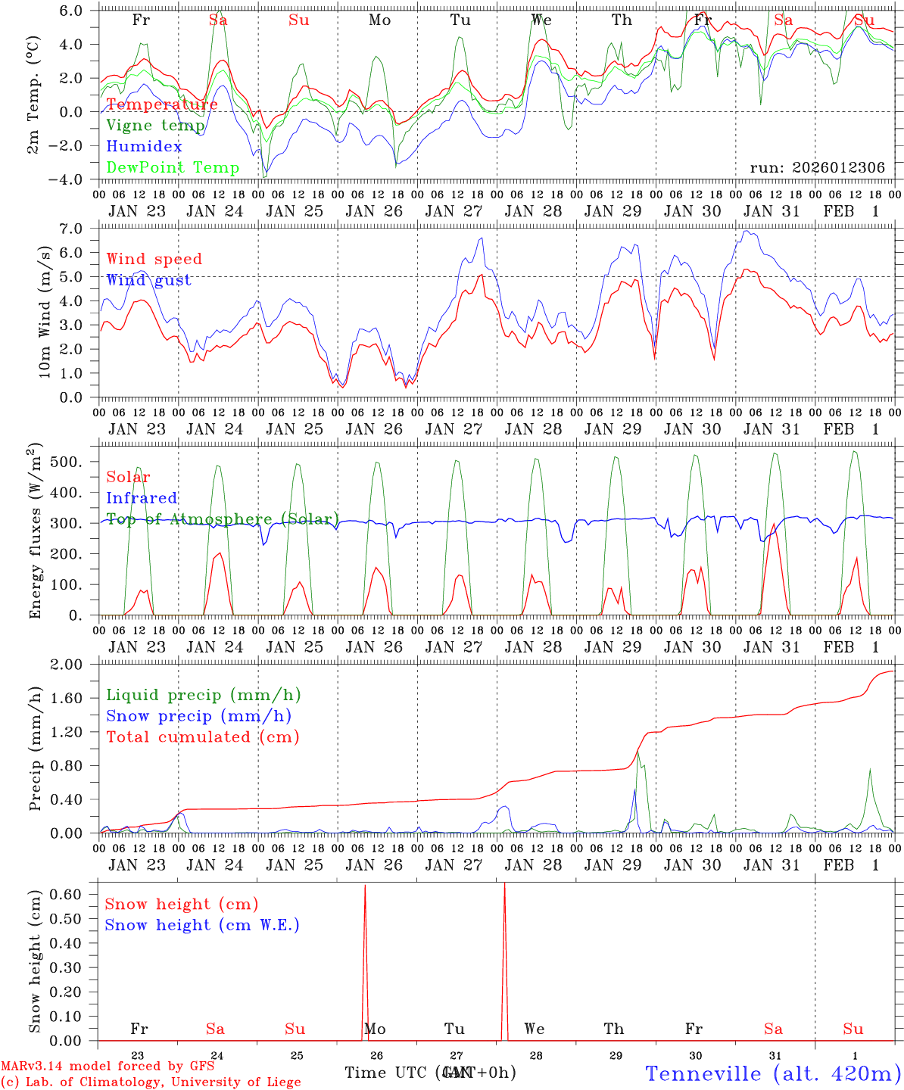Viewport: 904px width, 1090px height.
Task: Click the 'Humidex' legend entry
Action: [x=144, y=147]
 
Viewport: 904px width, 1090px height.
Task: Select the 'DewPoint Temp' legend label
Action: [x=173, y=168]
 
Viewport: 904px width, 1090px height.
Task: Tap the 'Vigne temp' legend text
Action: [x=155, y=126]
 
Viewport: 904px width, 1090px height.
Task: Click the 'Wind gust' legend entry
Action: [x=148, y=280]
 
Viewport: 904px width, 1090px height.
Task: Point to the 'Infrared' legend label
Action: [x=142, y=498]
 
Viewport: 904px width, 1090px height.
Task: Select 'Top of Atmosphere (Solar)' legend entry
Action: [x=222, y=519]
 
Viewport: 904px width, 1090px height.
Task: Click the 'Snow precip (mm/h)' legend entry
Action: [x=198, y=716]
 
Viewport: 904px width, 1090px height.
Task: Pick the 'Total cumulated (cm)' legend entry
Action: [x=202, y=737]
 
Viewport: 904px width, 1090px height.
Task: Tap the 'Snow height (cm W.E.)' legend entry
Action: [x=201, y=925]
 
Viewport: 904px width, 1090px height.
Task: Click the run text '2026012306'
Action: [x=839, y=168]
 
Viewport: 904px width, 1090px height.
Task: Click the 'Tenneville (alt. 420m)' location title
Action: [x=773, y=1073]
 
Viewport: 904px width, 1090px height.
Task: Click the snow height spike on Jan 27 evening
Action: [x=504, y=889]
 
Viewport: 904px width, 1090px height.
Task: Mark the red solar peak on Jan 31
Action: [x=773, y=524]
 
